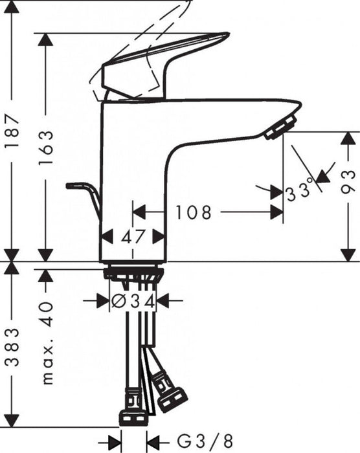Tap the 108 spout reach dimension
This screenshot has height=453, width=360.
coord(193,212)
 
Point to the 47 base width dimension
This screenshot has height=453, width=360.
coord(133,236)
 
